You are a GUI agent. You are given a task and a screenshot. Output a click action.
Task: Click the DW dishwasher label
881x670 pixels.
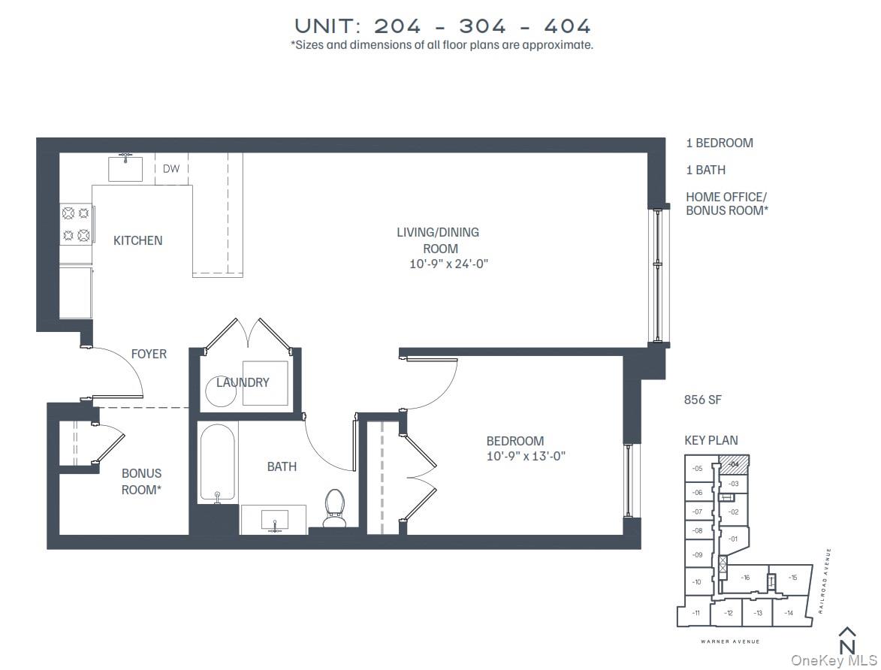[x=171, y=169]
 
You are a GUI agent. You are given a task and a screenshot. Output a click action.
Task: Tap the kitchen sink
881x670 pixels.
[x=125, y=168]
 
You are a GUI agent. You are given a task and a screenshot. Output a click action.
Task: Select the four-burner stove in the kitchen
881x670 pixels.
[x=77, y=224]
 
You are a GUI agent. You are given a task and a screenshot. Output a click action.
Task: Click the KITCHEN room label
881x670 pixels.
[x=137, y=240]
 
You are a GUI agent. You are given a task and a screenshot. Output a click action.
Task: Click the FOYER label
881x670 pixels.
[x=149, y=354]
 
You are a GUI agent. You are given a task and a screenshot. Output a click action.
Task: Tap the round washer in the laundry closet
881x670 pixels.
[x=221, y=391]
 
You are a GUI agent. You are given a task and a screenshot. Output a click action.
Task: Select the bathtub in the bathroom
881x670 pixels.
[x=217, y=462]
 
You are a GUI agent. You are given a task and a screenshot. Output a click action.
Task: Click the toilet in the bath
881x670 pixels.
[x=335, y=508]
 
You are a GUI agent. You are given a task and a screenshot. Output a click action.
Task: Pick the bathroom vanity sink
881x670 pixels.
[x=273, y=519]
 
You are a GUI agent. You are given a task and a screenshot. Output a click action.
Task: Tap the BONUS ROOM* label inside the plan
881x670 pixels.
[x=141, y=481]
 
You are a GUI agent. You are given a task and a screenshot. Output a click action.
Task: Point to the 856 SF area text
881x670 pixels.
[x=702, y=400]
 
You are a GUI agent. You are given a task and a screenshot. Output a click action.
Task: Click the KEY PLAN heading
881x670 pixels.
[x=711, y=440]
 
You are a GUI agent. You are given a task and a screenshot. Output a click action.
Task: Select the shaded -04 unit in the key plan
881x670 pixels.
[x=735, y=464]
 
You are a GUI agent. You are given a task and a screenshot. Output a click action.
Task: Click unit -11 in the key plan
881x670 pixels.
[x=696, y=613]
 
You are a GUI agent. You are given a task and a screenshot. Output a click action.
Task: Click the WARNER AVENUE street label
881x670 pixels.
[x=730, y=641]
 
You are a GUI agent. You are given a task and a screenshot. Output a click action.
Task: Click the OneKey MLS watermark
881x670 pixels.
[x=834, y=660]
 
